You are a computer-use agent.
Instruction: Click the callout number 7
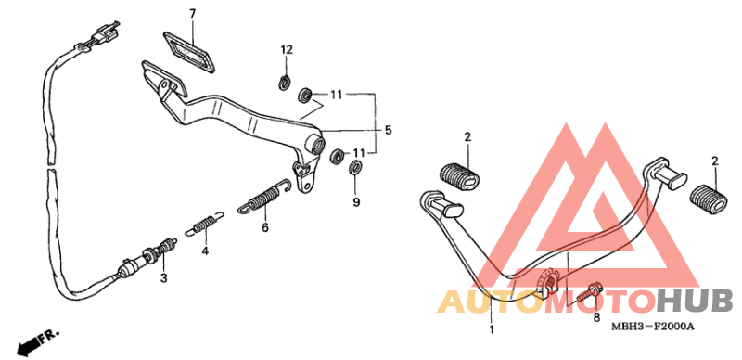pyautogui.click(x=193, y=14)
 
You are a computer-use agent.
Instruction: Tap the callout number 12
pyautogui.click(x=287, y=48)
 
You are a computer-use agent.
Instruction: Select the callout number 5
pyautogui.click(x=389, y=130)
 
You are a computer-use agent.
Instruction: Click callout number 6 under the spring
pyautogui.click(x=264, y=225)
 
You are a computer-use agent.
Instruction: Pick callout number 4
pyautogui.click(x=206, y=250)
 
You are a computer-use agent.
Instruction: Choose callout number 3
pyautogui.click(x=164, y=277)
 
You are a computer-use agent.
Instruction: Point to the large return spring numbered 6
pyautogui.click(x=262, y=198)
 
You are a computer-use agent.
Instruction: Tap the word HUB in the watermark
pyautogui.click(x=696, y=301)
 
